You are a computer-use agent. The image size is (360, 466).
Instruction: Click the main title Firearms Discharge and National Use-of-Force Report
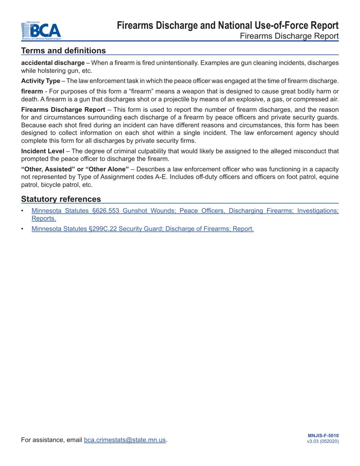point(228,26)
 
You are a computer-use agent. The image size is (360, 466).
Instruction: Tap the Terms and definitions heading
point(64,50)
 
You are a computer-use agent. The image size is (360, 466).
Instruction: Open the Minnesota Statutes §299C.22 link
point(142,228)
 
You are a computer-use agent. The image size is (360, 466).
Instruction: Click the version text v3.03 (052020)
point(323,442)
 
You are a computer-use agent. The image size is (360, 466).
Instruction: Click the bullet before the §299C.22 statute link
point(23,228)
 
